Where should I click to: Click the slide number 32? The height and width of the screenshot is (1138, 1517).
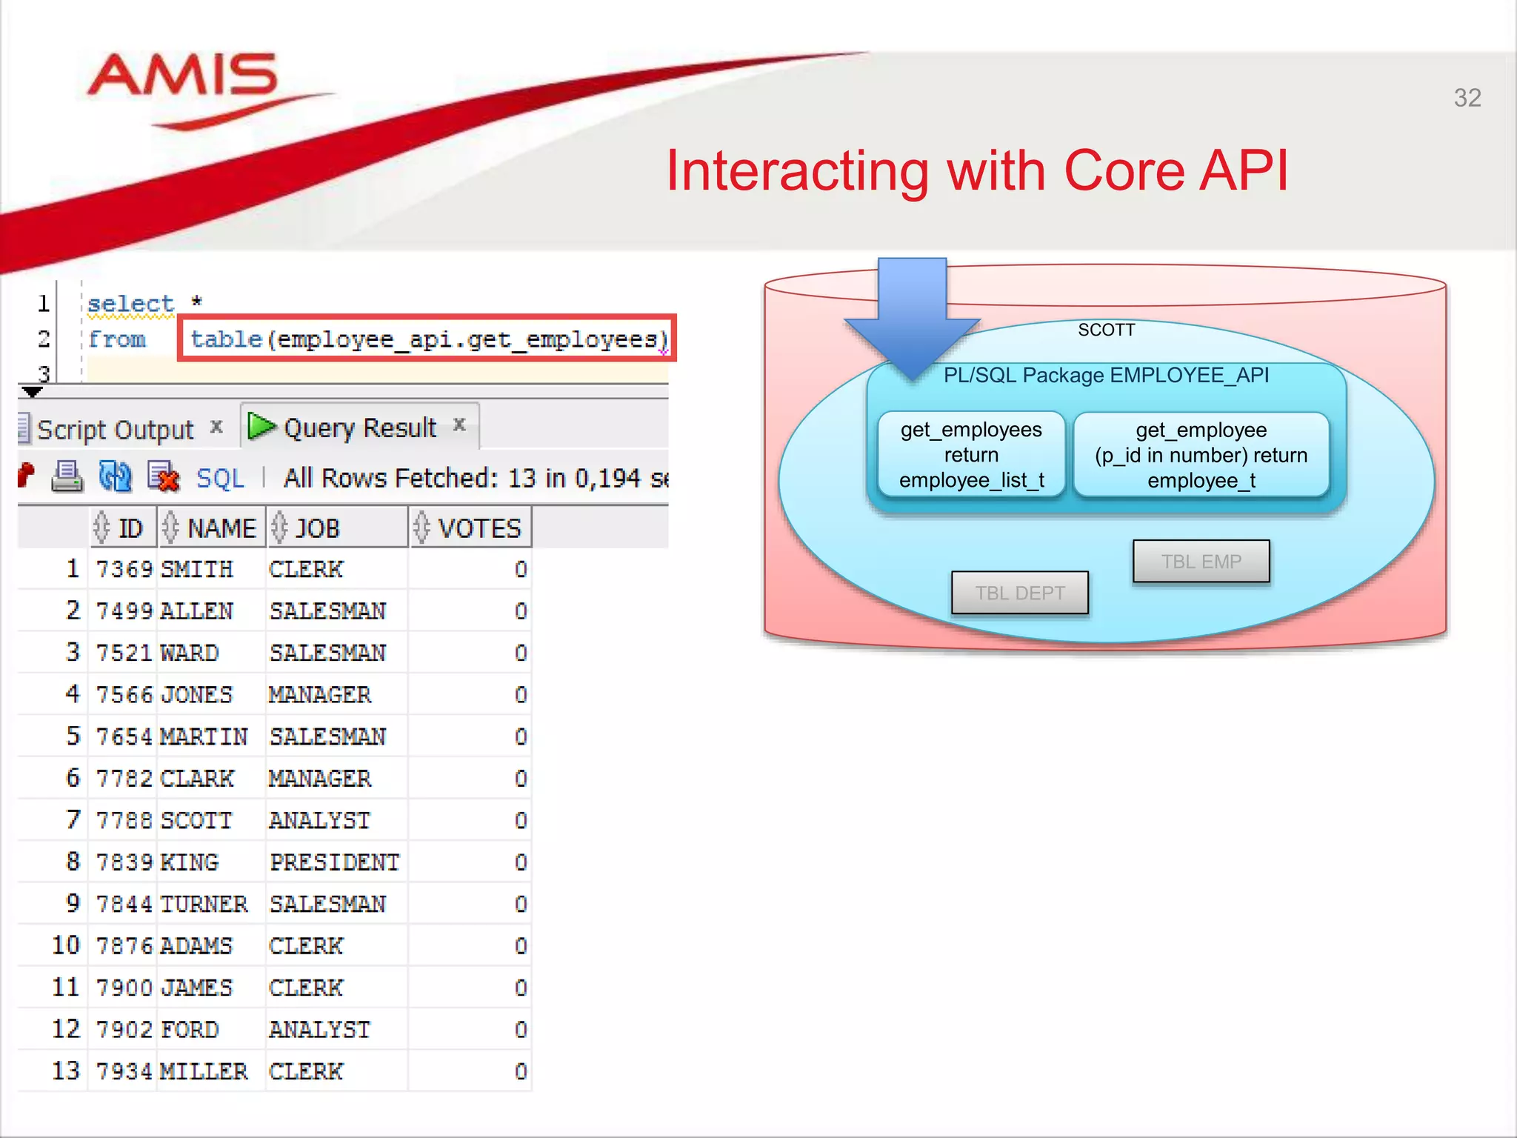coord(1467,98)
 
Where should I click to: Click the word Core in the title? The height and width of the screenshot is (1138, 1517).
coord(1124,171)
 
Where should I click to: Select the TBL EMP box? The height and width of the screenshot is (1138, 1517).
coord(1200,562)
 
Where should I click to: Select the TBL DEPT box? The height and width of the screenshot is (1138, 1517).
coord(1019,593)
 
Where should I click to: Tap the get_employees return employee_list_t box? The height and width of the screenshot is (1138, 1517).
coord(971,455)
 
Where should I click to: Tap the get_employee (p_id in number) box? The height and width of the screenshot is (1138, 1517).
coord(1201,455)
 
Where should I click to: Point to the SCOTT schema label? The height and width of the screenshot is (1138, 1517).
coord(1106,330)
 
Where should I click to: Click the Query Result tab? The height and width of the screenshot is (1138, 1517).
coord(359,427)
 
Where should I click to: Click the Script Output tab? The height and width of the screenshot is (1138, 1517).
coord(115,430)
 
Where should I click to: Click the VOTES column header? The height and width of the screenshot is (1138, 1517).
coord(479,528)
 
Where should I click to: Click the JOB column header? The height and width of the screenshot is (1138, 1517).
coord(317,528)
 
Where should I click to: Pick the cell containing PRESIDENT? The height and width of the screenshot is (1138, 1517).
coord(334,862)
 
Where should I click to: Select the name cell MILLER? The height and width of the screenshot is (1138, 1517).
coord(204,1071)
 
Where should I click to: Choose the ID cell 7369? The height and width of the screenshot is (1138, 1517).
coord(124,569)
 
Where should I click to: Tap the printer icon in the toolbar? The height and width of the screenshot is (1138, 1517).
coord(67,476)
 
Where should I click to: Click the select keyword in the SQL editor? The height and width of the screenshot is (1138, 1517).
coord(130,304)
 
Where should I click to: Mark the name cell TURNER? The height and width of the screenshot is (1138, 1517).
coord(204,904)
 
